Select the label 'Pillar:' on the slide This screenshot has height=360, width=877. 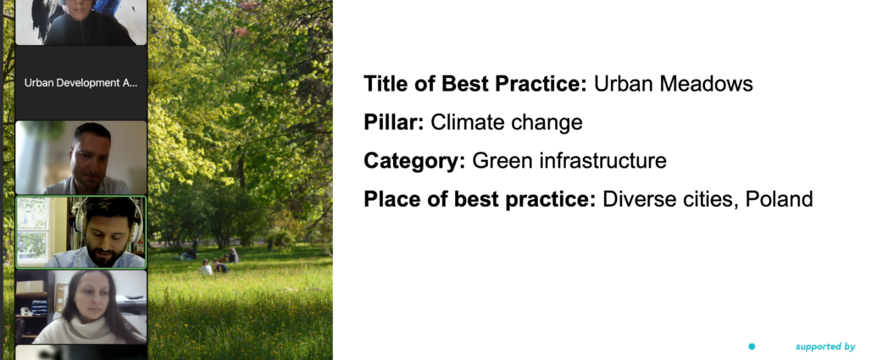pos(394,123)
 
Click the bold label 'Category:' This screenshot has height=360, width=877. pos(414,161)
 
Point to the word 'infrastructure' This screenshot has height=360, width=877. pos(603,161)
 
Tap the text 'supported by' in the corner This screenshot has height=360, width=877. pos(825,346)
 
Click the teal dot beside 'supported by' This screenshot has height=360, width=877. pos(752,346)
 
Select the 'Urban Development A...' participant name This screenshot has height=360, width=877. pos(80,83)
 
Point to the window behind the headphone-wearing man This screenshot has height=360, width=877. pos(34,232)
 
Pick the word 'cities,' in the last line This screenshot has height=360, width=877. pos(713,199)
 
